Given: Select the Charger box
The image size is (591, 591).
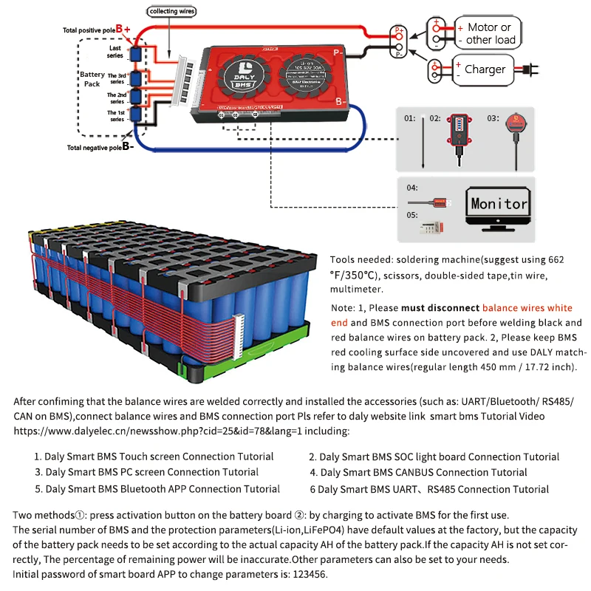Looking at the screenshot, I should pyautogui.click(x=485, y=70).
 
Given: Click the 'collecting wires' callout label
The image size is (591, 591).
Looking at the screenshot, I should pyautogui.click(x=173, y=11).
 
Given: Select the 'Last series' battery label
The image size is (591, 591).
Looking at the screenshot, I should pyautogui.click(x=115, y=52).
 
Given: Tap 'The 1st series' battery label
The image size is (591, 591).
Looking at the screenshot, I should pyautogui.click(x=117, y=115).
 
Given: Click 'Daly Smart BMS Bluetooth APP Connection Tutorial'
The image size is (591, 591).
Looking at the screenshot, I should pyautogui.click(x=157, y=489).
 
